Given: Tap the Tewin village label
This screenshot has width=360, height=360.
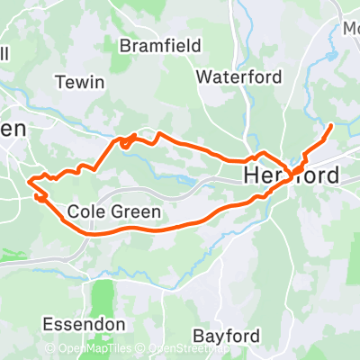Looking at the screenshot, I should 80,82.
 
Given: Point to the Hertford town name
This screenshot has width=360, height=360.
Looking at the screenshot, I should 292,175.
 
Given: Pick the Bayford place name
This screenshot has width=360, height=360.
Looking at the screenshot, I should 227,336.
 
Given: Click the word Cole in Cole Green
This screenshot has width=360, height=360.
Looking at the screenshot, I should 86,212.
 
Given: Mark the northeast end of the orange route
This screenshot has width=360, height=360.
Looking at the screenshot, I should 332,125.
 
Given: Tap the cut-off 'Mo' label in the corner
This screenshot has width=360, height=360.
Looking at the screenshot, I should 349,28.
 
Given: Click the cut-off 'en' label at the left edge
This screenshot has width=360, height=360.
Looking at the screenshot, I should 13,129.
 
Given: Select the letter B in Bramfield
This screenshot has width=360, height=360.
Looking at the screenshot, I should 125,44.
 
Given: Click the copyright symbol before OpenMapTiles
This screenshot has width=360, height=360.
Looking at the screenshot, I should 50,348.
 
